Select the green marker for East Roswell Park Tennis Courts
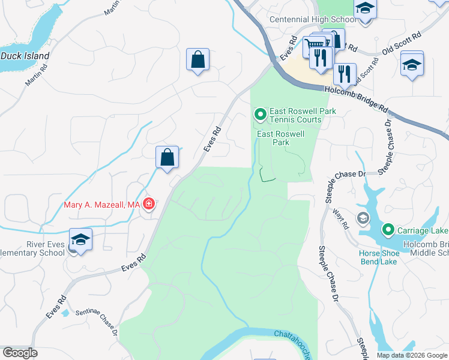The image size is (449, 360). [x=261, y=113]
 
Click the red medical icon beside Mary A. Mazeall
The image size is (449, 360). [x=148, y=205]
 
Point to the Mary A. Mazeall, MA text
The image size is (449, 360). [x=101, y=205]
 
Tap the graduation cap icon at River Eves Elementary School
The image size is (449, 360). [x=80, y=240]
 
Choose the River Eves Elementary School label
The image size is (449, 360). [x=33, y=248]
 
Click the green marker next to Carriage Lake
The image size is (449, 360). [x=388, y=230]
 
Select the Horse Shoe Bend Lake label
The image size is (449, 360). [x=387, y=257]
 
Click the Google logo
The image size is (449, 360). [x=20, y=353]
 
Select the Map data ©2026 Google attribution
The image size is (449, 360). [x=412, y=355]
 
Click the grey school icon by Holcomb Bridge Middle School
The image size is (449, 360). [x=363, y=218]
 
